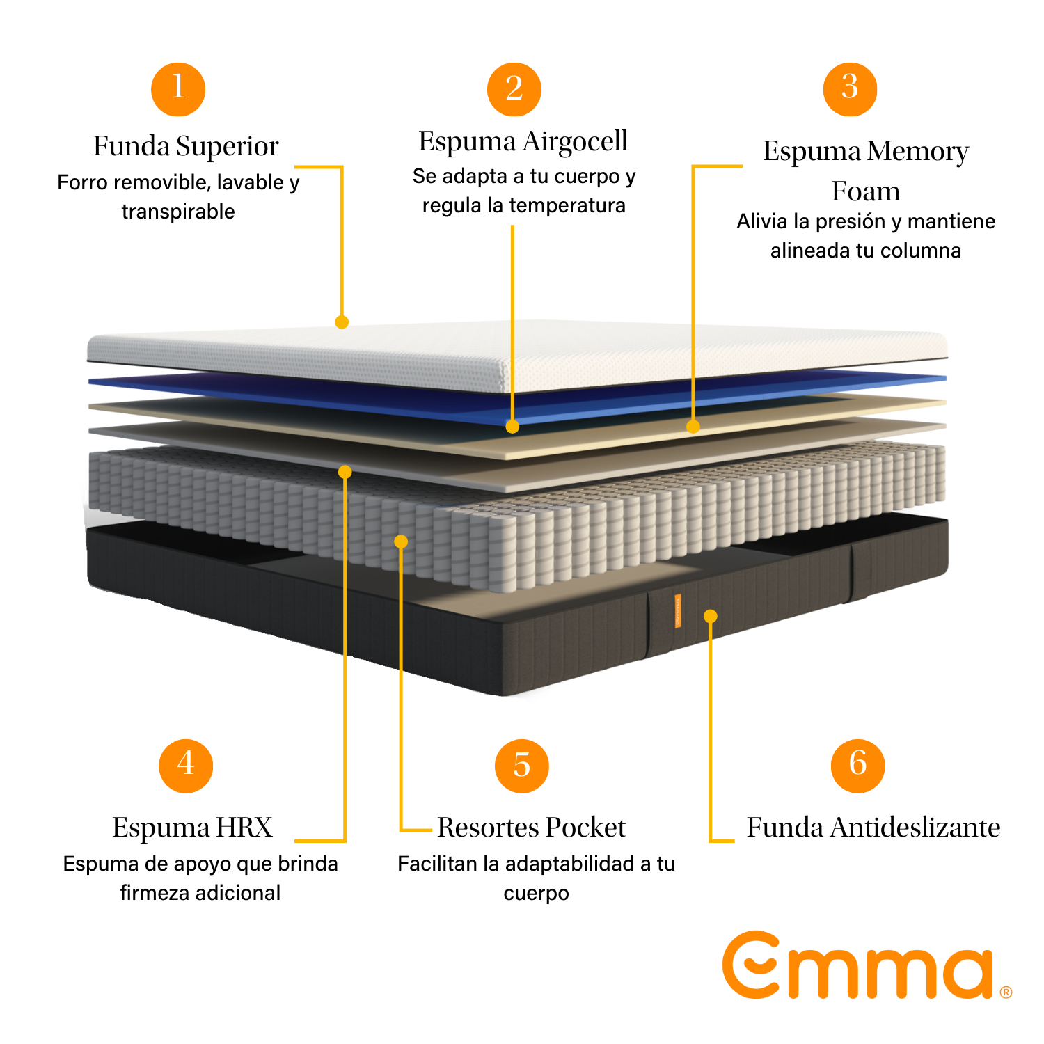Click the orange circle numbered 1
tap(178, 89)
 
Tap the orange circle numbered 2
tap(514, 89)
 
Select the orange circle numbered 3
tap(850, 89)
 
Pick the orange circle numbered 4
tap(186, 766)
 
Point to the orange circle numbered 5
tap(522, 766)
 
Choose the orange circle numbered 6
tap(858, 766)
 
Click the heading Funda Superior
tap(186, 147)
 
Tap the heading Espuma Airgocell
tap(523, 141)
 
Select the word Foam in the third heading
tap(866, 191)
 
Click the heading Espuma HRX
tap(192, 828)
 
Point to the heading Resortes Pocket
tap(531, 828)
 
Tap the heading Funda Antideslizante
tap(873, 828)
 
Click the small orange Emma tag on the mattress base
tap(677, 611)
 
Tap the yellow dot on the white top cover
tap(342, 322)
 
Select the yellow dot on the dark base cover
tap(710, 616)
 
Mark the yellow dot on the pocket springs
tap(401, 541)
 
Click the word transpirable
tap(178, 212)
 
